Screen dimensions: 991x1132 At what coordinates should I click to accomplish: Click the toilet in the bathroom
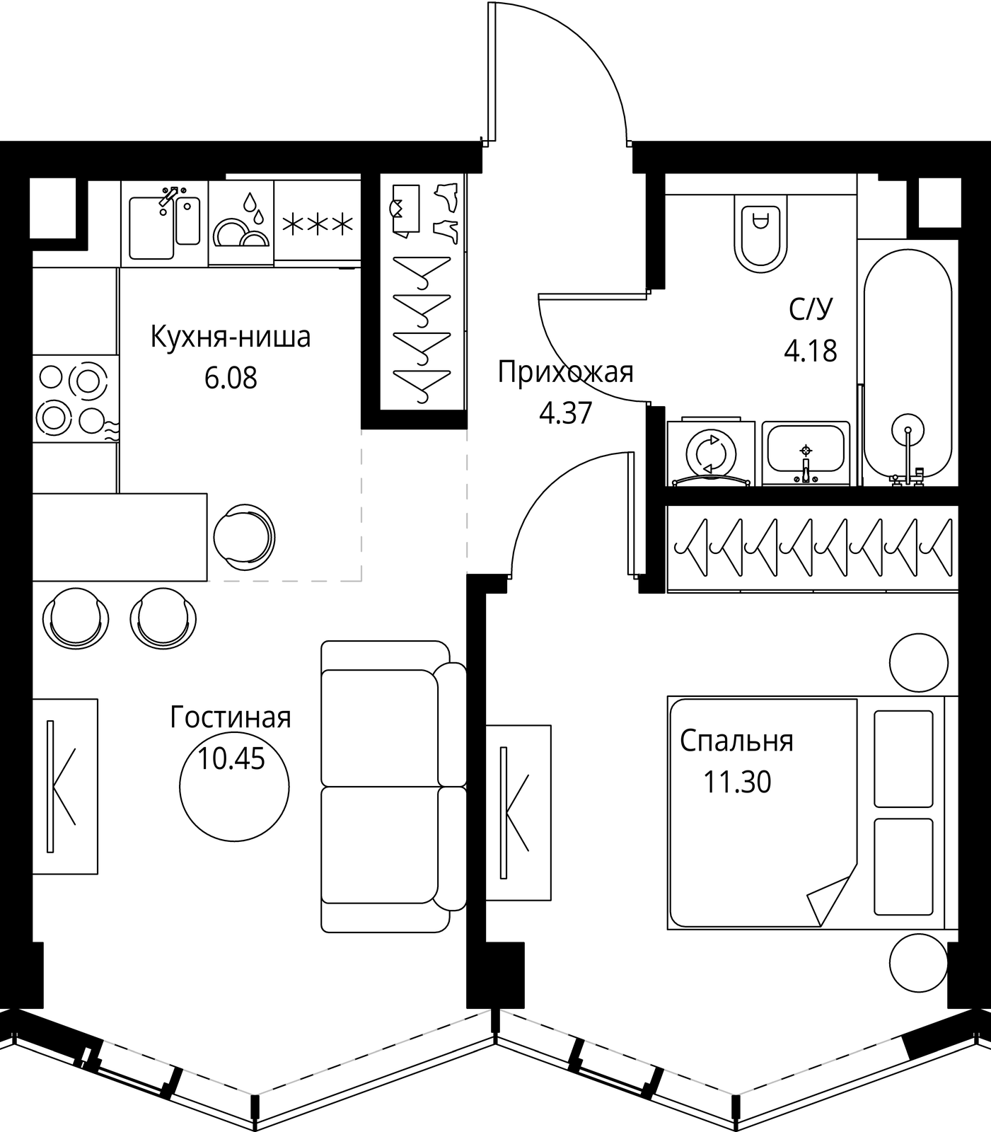point(760,234)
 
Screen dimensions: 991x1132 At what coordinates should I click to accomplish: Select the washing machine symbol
point(711,454)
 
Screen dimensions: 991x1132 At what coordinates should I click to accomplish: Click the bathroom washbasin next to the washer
point(806,453)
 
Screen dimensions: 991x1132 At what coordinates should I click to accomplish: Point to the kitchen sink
point(165,224)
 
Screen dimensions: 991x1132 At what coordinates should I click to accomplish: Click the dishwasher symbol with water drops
point(241,224)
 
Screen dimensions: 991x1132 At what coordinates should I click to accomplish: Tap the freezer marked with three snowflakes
point(318,224)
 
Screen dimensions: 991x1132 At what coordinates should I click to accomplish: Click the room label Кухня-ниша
point(231,337)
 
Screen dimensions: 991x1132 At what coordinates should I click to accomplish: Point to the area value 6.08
point(231,378)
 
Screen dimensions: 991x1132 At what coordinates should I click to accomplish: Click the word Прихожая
point(565,371)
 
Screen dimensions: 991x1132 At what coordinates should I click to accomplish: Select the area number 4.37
point(565,412)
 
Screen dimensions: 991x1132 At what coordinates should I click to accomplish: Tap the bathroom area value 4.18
point(811,350)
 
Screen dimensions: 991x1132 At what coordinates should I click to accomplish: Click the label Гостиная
point(231,717)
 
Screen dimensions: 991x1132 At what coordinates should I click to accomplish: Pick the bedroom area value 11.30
point(737,782)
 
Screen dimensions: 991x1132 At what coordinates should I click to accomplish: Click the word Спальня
point(737,741)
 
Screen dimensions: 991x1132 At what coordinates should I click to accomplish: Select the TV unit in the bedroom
point(518,812)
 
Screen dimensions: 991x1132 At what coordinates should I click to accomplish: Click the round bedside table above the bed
point(918,662)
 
